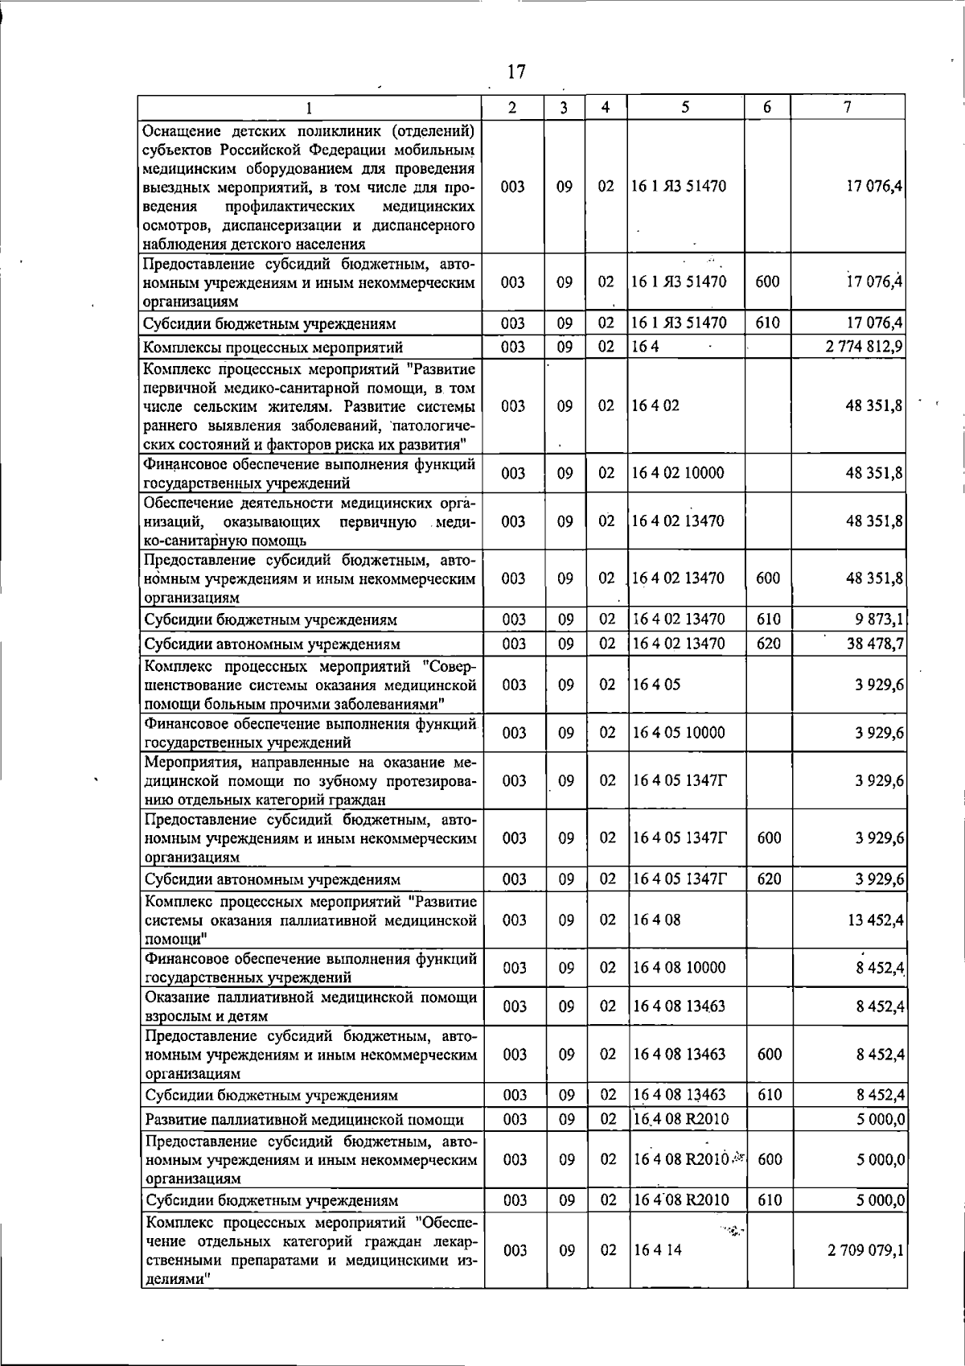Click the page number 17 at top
coord(516,72)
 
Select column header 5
coord(684,107)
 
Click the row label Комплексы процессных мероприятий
coord(273,348)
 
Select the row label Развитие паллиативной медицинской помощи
coord(304,1119)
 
